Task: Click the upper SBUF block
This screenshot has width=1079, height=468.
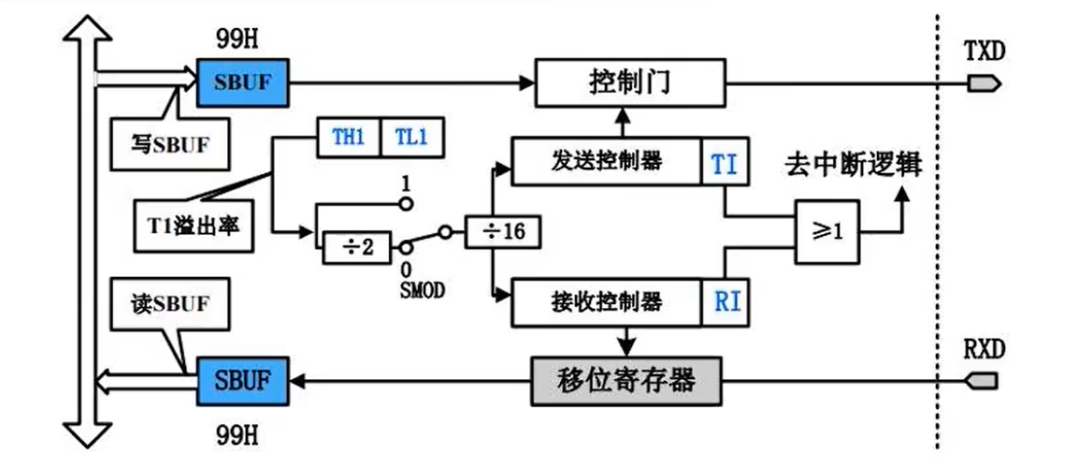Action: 243,82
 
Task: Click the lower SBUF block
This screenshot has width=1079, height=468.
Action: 242,382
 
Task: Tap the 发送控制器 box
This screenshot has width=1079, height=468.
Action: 606,162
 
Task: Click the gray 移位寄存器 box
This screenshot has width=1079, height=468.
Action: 626,382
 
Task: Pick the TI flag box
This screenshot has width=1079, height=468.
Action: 725,163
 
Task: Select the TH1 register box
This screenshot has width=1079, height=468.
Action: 348,138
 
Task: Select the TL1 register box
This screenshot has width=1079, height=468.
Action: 410,138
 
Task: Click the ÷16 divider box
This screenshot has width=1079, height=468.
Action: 503,230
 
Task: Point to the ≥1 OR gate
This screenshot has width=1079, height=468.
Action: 827,231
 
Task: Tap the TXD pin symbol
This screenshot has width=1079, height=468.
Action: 984,83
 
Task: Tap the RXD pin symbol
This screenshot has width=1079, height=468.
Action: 982,382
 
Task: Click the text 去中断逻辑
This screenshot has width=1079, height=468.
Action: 854,166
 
